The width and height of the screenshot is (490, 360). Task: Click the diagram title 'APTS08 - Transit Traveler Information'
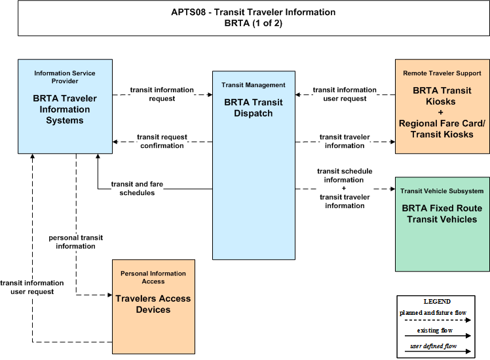pyautogui.click(x=254, y=12)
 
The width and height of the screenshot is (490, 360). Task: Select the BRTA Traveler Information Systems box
pyautogui.click(x=65, y=107)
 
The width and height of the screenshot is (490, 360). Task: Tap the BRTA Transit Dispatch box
pyautogui.click(x=254, y=165)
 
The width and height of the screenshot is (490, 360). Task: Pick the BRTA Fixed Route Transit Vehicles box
pyautogui.click(x=442, y=224)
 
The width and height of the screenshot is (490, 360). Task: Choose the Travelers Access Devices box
pyautogui.click(x=153, y=306)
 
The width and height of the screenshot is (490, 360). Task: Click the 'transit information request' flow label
pyautogui.click(x=162, y=94)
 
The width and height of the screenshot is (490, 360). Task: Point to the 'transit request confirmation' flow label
pyautogui.click(x=162, y=141)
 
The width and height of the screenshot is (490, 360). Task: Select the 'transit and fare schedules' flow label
pyautogui.click(x=137, y=189)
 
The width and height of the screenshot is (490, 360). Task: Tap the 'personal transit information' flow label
pyautogui.click(x=75, y=242)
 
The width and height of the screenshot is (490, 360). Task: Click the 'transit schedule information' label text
pyautogui.click(x=345, y=175)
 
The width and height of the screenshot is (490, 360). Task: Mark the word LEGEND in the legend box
pyautogui.click(x=437, y=302)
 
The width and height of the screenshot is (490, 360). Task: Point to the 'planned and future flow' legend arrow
pyautogui.click(x=438, y=320)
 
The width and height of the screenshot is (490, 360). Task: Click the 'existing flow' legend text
pyautogui.click(x=435, y=331)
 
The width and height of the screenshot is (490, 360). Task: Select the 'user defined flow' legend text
pyautogui.click(x=434, y=346)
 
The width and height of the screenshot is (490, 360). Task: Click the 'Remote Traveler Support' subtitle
pyautogui.click(x=442, y=73)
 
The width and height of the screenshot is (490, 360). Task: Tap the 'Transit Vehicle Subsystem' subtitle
pyautogui.click(x=442, y=191)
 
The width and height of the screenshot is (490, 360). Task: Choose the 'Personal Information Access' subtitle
pyautogui.click(x=153, y=278)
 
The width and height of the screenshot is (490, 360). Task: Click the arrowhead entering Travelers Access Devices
pyautogui.click(x=110, y=295)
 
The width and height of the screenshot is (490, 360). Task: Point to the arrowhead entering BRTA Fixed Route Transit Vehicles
pyautogui.click(x=393, y=189)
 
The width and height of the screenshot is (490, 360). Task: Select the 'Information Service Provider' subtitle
pyautogui.click(x=65, y=77)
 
